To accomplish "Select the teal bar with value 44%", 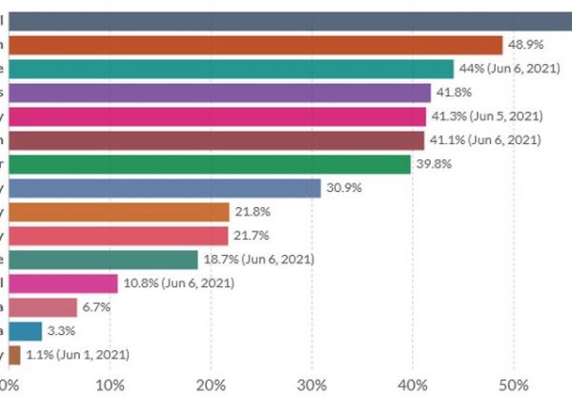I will (233, 69).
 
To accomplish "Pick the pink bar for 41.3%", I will (219, 116).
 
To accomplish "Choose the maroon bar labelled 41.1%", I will (218, 140).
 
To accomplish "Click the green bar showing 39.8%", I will (212, 164).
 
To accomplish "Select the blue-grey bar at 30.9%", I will (167, 188).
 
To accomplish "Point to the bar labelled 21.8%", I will (121, 212).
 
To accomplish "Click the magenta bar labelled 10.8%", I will (65, 283).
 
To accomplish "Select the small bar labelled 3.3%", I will (27, 331).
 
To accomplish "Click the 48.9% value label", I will (526, 45).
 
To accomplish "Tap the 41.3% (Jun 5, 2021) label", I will (486, 116).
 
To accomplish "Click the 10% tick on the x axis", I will (111, 385).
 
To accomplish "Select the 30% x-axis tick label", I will (312, 385).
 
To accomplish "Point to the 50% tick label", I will (513, 385).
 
